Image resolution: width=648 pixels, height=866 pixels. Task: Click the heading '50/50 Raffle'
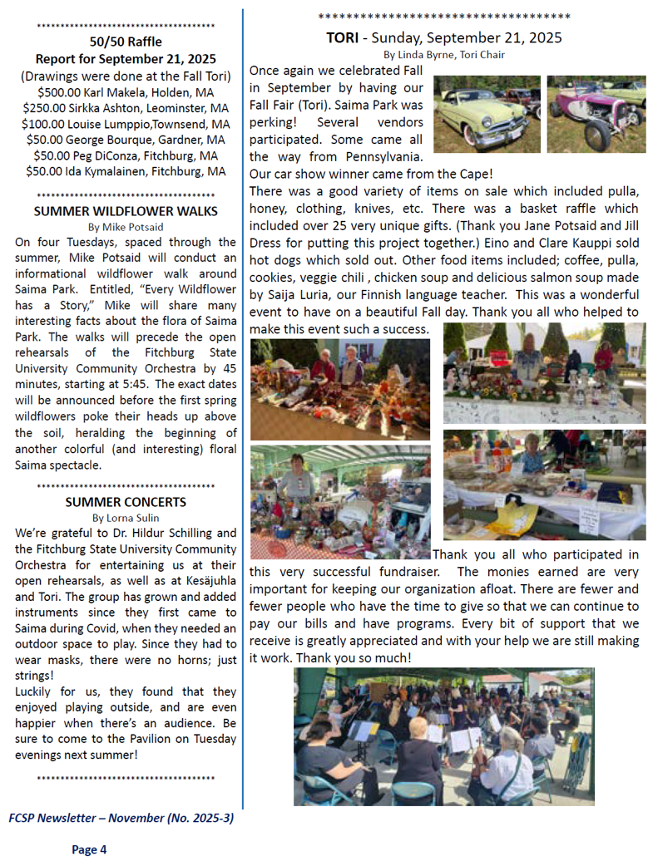coord(126,42)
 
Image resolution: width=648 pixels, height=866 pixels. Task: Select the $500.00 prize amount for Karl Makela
coord(62,92)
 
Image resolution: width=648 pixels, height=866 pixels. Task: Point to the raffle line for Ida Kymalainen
coord(126,171)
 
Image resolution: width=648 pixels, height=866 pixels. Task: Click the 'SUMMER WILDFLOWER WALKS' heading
coord(126,211)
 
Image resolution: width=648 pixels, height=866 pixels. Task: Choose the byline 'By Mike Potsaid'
coord(126,226)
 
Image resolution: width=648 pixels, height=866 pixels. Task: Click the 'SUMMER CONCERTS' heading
coord(126,502)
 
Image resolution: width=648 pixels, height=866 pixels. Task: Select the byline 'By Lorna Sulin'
coord(126,518)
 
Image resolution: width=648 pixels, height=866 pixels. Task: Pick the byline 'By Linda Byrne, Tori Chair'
coord(444,55)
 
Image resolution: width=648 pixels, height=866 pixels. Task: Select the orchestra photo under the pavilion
coord(443,736)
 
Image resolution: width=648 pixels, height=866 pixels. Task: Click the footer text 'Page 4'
coord(89,849)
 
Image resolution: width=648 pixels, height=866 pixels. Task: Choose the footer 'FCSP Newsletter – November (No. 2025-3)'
coord(121,818)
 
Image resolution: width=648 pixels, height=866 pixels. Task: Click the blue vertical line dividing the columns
coord(243,416)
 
